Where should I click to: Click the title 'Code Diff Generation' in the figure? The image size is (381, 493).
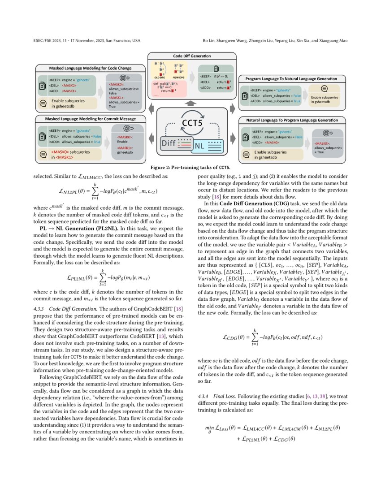[192, 56]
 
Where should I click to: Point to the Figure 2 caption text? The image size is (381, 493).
[190, 167]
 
